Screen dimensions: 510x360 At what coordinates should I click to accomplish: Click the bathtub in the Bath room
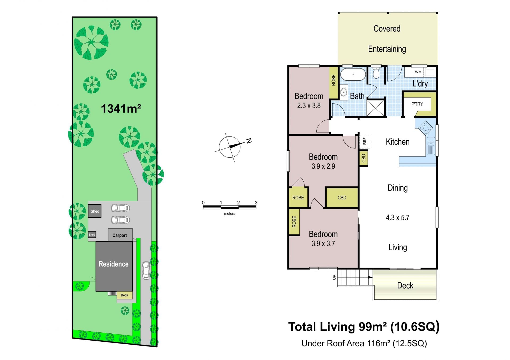pos(353,74)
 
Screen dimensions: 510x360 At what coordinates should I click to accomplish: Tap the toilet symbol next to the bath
pos(376,73)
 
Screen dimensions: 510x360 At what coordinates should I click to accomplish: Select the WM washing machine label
pos(418,72)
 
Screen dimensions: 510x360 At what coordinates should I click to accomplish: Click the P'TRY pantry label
pos(417,104)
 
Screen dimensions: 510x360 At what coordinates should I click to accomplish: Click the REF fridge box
pos(364,141)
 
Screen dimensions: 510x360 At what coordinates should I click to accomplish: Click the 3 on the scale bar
pos(256,203)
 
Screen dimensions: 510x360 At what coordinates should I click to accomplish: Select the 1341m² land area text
pos(121,109)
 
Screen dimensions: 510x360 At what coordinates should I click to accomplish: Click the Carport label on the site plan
pos(120,235)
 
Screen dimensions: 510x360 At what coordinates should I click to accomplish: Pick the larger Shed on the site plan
pos(95,211)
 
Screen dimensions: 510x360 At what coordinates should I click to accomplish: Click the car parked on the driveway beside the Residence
pos(146,270)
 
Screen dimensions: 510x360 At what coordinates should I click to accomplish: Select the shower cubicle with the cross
pos(376,108)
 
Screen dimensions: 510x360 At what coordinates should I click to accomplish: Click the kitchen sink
pos(431,146)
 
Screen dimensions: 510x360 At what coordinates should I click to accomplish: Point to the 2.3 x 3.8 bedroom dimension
pos(309,106)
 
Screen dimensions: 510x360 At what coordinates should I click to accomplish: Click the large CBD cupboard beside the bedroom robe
pos(342,198)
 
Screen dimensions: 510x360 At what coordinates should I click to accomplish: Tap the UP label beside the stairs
pos(334,277)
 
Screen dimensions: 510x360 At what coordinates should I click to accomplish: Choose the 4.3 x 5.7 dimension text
pos(397,218)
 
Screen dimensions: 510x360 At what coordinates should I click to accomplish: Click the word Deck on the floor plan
pos(405,285)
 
